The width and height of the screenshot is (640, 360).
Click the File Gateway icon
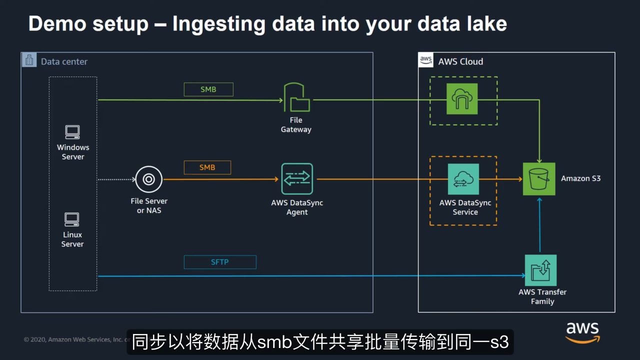(x=296, y=97)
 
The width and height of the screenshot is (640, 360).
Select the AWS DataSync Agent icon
(x=297, y=178)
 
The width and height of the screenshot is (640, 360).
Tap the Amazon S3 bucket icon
(x=539, y=178)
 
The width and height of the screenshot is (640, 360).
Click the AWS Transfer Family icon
(x=540, y=270)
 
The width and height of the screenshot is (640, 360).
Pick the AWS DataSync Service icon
(x=463, y=179)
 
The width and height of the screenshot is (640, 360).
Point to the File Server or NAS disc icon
(x=148, y=179)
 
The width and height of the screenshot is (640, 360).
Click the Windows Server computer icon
(x=72, y=132)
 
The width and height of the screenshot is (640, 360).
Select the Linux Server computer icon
(x=72, y=219)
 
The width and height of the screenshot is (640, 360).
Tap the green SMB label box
(x=208, y=89)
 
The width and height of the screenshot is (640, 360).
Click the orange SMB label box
(x=207, y=167)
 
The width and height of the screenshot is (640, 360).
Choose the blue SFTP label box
(x=220, y=262)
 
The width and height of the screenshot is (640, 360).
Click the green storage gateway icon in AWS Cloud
(x=462, y=99)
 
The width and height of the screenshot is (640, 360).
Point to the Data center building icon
(x=29, y=60)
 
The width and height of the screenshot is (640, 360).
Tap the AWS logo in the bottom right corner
(x=582, y=332)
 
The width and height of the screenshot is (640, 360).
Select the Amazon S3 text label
(x=580, y=178)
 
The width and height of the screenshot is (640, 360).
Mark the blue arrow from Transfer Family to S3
(x=539, y=225)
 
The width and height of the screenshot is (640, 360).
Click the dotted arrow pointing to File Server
(x=115, y=179)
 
